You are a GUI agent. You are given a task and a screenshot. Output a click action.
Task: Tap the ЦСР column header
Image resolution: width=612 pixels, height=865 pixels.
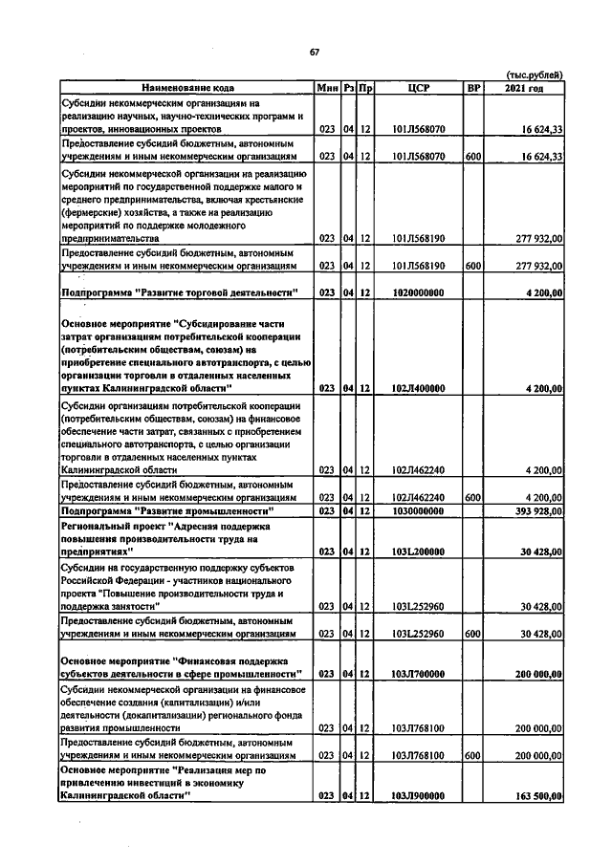point(418,88)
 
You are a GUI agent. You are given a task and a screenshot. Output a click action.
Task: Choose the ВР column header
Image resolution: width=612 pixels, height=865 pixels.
point(471,88)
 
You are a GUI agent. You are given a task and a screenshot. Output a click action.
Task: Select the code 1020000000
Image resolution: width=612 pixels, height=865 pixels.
point(418,292)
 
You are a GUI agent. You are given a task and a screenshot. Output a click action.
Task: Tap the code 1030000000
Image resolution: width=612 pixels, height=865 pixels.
point(418,511)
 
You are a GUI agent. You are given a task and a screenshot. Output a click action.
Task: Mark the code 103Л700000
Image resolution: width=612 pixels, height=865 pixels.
point(418,674)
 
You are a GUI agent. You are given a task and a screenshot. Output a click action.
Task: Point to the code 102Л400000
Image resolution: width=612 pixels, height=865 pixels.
point(418,388)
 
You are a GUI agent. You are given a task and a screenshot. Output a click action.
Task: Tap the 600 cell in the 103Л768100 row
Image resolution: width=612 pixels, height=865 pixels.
point(471,755)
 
